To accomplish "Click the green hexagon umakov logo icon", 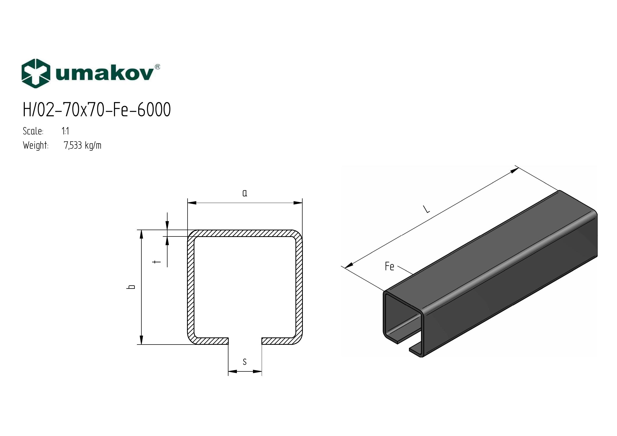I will (36, 73).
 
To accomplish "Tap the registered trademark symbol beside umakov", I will (158, 67).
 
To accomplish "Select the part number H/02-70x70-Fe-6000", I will (97, 110).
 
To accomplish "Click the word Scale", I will (33, 131).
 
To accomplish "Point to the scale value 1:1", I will (65, 131).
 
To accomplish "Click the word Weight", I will (35, 146).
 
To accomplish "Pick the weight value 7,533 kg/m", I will (83, 146).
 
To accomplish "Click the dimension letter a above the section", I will (245, 193).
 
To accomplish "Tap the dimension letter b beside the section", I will (131, 287).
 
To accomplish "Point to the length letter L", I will (427, 209).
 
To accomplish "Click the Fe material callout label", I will (389, 267).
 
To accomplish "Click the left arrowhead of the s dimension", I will (232, 372).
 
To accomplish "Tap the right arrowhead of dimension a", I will (298, 203).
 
